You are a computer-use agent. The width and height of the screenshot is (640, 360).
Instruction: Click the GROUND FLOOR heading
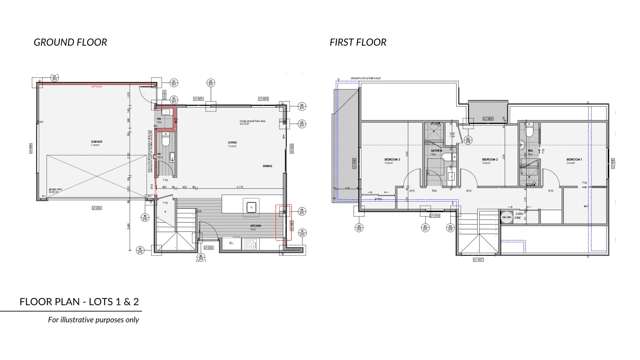pos(70,42)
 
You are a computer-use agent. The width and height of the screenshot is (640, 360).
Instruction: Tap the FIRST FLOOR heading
pos(358,42)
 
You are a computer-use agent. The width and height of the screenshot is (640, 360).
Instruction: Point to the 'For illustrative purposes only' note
pos(94,320)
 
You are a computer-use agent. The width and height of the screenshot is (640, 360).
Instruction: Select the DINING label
pos(267,166)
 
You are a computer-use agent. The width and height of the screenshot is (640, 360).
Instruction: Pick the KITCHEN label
pos(256,227)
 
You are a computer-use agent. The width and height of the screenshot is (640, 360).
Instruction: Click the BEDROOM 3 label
pos(393,159)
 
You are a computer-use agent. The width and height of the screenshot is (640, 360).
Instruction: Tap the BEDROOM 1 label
pos(574,159)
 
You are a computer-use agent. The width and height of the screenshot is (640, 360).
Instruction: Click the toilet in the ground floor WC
pos(165,143)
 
